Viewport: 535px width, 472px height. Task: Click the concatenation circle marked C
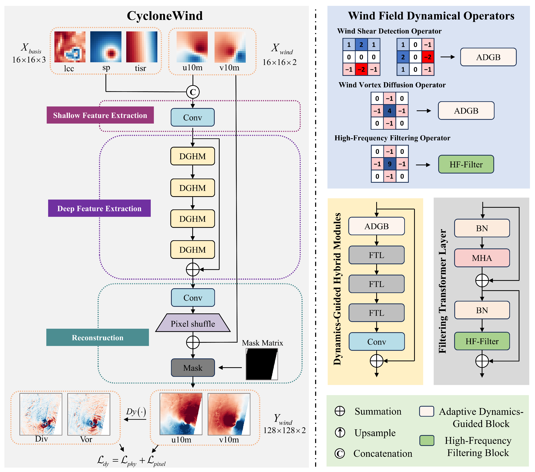(x=193, y=92)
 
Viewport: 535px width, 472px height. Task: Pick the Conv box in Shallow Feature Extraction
(x=193, y=117)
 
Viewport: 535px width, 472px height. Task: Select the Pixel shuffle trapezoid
(x=193, y=323)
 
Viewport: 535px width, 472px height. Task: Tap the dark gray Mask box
(x=193, y=368)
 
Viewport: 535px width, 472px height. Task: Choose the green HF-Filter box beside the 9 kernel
(x=466, y=164)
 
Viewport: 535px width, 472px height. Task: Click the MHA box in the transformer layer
(x=482, y=258)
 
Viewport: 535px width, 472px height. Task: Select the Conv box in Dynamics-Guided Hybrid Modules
(x=377, y=341)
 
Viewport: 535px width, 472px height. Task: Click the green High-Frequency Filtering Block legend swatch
(x=427, y=441)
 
